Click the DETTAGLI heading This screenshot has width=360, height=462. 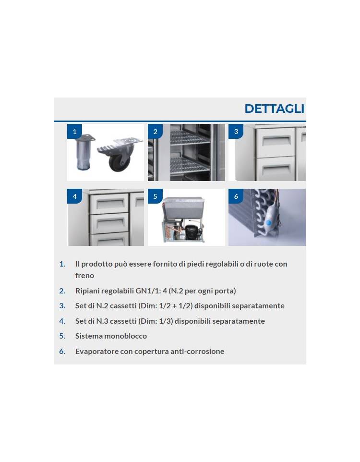pos(274,109)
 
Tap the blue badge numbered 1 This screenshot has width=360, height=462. pos(74,132)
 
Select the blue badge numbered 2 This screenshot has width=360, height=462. pos(155,132)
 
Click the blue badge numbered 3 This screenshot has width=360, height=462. pos(236,132)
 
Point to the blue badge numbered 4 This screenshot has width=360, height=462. pos(74,196)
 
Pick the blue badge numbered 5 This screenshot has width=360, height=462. pos(155,196)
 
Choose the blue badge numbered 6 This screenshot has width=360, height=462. pos(236,196)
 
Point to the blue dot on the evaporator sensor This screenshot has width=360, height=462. pos(268,223)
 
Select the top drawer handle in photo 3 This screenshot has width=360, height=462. pos(276,140)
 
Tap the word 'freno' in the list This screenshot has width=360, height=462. pos(84,276)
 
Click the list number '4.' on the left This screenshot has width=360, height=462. pos(62,321)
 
